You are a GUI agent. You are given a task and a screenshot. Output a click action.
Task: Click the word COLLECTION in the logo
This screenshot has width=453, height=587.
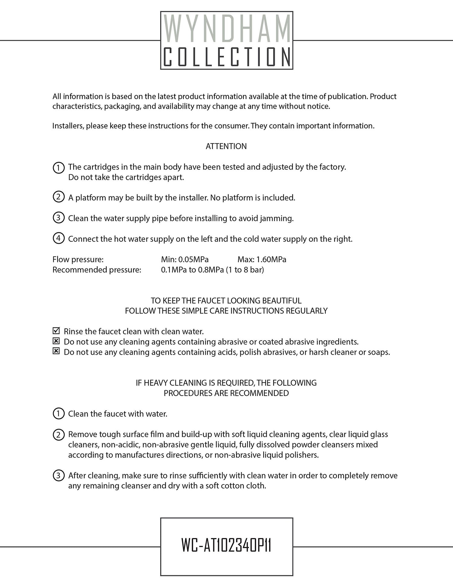[227, 57]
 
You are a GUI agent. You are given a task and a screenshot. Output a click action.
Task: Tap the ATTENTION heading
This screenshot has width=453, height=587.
[226, 146]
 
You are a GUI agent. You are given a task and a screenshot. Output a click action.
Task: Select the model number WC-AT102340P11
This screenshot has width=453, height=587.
[226, 546]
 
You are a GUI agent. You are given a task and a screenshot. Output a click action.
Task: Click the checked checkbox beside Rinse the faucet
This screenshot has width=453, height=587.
[56, 331]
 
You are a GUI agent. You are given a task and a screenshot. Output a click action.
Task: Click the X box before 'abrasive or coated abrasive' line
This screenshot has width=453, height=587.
[56, 341]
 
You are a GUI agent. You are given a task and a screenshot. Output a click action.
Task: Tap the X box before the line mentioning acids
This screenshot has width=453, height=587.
[56, 352]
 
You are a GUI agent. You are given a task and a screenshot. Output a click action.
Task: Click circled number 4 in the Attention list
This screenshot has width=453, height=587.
[59, 238]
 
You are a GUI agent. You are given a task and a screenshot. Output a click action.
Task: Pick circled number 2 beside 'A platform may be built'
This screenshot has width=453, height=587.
[59, 197]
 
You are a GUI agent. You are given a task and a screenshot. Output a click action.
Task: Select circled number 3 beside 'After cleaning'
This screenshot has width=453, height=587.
[59, 475]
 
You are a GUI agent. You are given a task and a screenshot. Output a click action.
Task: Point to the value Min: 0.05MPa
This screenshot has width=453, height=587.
[185, 259]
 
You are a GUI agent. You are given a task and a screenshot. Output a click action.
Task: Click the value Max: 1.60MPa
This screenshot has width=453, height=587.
[262, 259]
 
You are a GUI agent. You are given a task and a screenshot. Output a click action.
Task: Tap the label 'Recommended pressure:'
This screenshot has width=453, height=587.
[97, 270]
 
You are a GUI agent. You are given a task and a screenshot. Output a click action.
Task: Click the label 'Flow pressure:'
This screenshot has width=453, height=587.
[78, 259]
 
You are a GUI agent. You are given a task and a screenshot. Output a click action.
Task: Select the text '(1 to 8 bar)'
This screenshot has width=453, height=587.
[245, 270]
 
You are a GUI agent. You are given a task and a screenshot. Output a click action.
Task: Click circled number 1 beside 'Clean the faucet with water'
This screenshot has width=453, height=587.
[59, 413]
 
